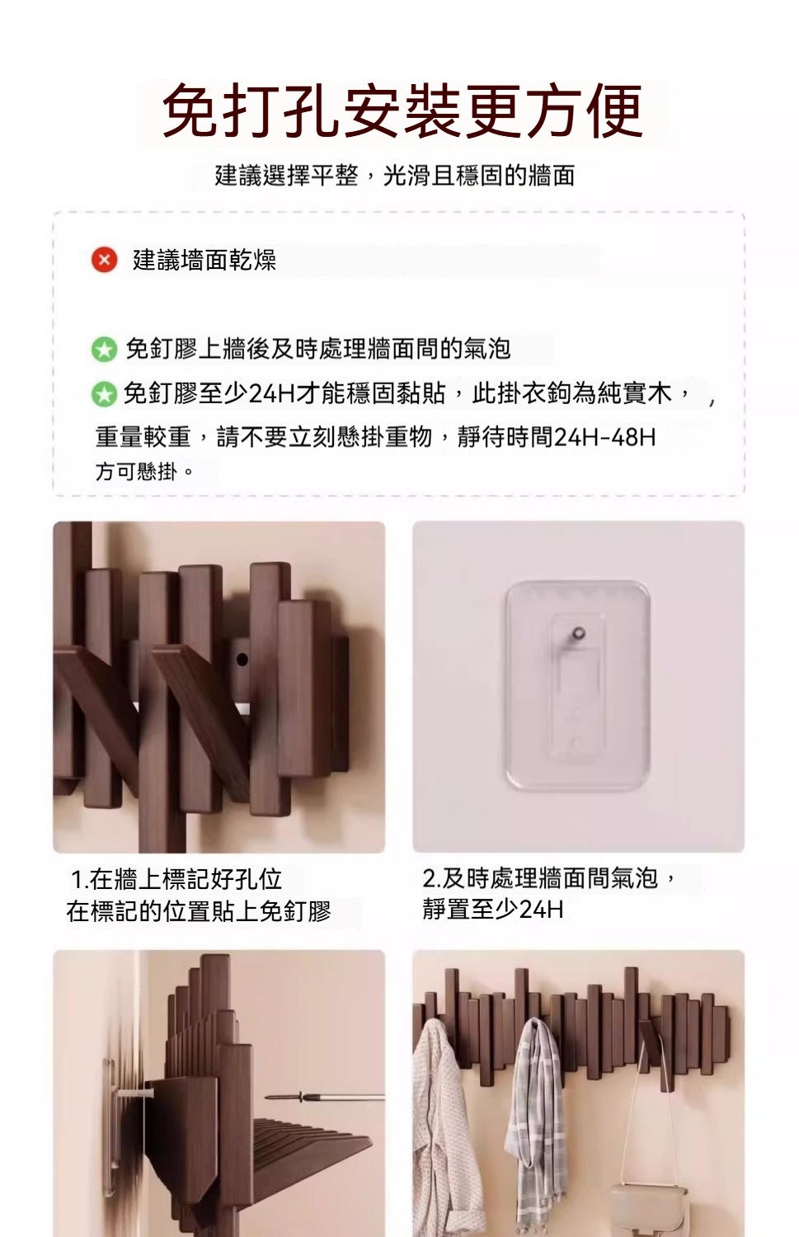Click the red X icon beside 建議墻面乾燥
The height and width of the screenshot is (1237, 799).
coord(105,260)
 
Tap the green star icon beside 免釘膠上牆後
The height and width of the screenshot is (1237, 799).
coord(105,349)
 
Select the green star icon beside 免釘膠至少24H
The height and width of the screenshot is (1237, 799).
coord(105,394)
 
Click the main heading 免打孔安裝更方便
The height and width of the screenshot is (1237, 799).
coord(402,111)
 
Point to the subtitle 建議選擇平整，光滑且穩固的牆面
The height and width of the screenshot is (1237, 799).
coord(395,176)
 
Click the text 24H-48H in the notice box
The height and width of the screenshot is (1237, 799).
coord(604,437)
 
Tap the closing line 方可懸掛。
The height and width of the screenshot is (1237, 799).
coord(144,472)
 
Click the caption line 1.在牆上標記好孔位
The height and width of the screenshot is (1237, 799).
coord(176,879)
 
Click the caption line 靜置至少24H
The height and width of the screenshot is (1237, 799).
coord(493,910)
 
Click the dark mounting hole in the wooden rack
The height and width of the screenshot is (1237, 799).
coord(242,659)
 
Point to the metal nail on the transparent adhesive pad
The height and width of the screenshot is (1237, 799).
coord(576,633)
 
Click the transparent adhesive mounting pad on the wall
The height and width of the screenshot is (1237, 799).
coord(577,684)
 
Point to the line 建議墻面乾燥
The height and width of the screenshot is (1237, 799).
coord(204,260)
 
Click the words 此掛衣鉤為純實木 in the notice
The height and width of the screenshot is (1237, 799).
coord(572,394)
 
